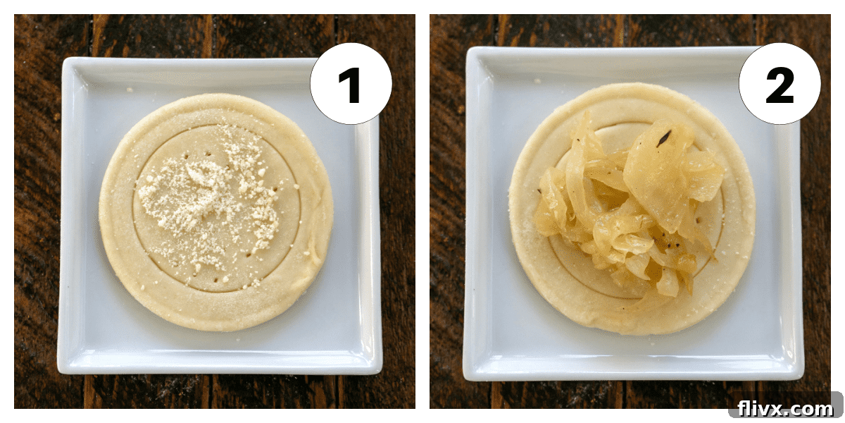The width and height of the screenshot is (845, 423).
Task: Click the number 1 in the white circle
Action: [350, 85]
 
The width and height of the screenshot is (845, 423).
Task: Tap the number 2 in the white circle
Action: [780, 85]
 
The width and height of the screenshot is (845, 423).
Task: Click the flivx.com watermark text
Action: [785, 408]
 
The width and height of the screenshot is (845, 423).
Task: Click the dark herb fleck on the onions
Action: [664, 139]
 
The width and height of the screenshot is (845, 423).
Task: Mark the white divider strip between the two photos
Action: [423, 211]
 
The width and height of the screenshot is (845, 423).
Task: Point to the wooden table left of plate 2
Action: [447, 211]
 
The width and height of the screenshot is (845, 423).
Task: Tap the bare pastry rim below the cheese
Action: [215, 310]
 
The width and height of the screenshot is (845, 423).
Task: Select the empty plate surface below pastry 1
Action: [218, 349]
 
